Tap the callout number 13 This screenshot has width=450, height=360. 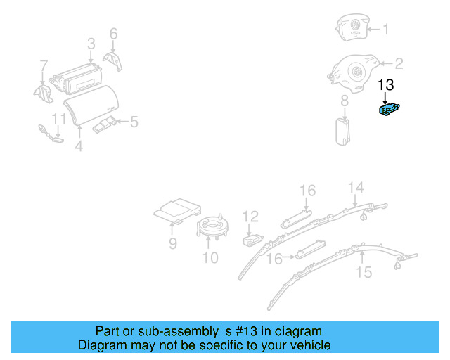[387, 85]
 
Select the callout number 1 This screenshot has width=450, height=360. [394, 30]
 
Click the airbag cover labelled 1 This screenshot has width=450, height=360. [351, 29]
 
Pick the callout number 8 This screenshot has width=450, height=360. [345, 102]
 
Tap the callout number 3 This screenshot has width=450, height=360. [91, 44]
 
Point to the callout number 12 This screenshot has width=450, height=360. [251, 217]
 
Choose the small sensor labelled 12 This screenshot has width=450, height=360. [252, 240]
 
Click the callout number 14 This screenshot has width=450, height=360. [356, 187]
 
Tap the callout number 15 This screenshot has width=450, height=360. [364, 272]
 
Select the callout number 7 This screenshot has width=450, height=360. [43, 66]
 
